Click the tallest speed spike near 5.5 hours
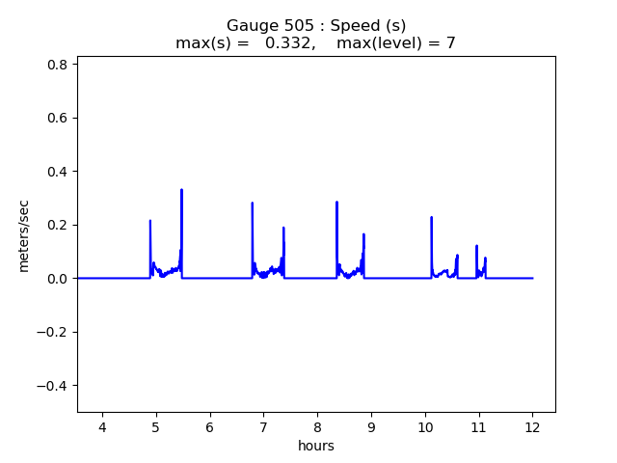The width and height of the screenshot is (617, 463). click(181, 190)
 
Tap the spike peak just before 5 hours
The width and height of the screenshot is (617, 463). click(150, 221)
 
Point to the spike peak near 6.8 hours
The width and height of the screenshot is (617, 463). click(253, 204)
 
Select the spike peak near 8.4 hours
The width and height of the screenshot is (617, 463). click(336, 203)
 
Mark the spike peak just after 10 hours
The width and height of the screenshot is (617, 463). click(431, 218)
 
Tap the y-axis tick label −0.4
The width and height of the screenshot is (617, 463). click(52, 386)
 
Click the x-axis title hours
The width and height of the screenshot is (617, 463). click(316, 446)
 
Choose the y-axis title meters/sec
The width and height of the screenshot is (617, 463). click(24, 234)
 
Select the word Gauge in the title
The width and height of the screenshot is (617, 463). click(248, 26)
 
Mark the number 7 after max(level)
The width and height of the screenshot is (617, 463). click(450, 43)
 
